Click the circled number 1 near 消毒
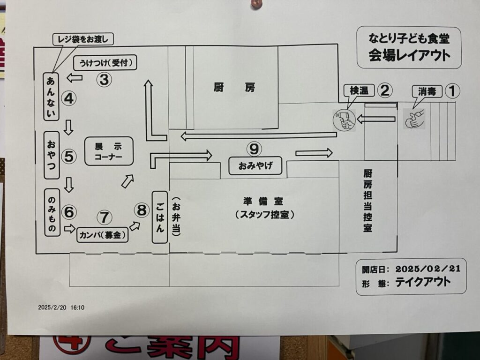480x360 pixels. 452,90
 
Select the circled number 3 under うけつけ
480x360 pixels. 104,80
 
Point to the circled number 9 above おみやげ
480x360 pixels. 254,149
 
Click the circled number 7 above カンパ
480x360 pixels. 104,217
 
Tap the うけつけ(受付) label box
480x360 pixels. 105,62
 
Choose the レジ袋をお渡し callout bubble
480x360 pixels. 82,39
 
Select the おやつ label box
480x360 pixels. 51,155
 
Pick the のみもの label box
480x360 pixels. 51,212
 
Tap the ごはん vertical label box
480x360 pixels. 160,217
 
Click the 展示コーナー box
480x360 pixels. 109,151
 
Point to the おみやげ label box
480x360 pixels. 255,165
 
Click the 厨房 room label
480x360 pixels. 234,88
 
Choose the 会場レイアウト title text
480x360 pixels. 409,56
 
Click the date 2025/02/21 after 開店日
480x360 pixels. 428,269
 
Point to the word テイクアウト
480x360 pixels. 423,282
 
